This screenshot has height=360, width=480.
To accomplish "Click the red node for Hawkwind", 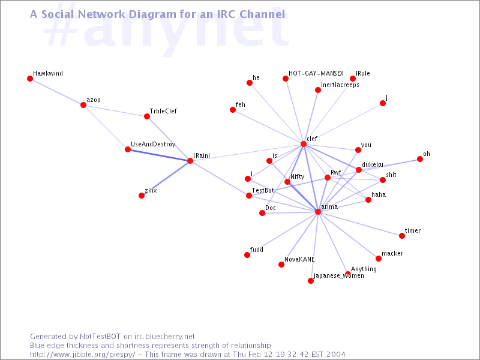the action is (x=29, y=79).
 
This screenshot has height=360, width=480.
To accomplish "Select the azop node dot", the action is (x=83, y=105).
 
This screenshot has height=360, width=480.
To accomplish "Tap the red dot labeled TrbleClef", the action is (x=147, y=116).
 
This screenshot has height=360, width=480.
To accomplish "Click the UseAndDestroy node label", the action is (x=153, y=144).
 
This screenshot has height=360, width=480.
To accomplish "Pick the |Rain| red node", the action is (x=190, y=161).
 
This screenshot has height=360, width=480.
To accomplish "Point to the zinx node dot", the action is (x=142, y=196).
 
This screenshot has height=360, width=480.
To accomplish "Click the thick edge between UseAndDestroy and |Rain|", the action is (x=159, y=155).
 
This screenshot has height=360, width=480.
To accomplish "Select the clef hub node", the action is (x=304, y=144).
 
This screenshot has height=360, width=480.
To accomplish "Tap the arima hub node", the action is (x=318, y=212).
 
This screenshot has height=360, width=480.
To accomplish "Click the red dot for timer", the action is (x=402, y=235).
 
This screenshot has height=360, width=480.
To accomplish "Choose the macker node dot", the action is (x=379, y=259).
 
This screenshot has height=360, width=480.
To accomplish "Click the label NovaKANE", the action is (x=299, y=259).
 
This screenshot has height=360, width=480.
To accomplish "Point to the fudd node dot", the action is (x=247, y=254).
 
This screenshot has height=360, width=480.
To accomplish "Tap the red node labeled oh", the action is (x=419, y=159).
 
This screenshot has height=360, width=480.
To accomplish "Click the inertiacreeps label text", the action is (x=340, y=85).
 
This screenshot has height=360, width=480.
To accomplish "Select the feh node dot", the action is (x=233, y=110).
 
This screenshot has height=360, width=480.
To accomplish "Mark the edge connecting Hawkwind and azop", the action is (x=56, y=92).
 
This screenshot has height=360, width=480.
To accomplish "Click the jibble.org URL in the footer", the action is (x=82, y=355).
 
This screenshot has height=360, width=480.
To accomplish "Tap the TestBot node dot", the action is (x=249, y=196).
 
